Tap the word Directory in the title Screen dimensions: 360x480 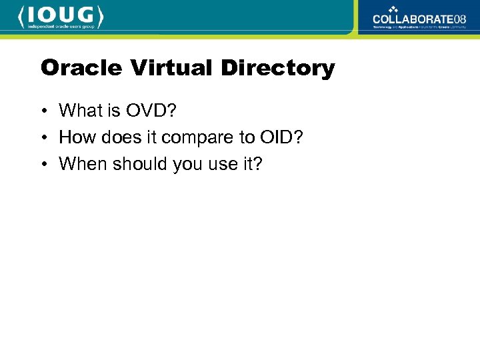pyautogui.click(x=278, y=68)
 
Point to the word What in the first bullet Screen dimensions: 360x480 pyautogui.click(x=79, y=110)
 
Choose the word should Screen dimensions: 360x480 pyautogui.click(x=136, y=164)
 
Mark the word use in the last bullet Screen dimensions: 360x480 pyautogui.click(x=220, y=164)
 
